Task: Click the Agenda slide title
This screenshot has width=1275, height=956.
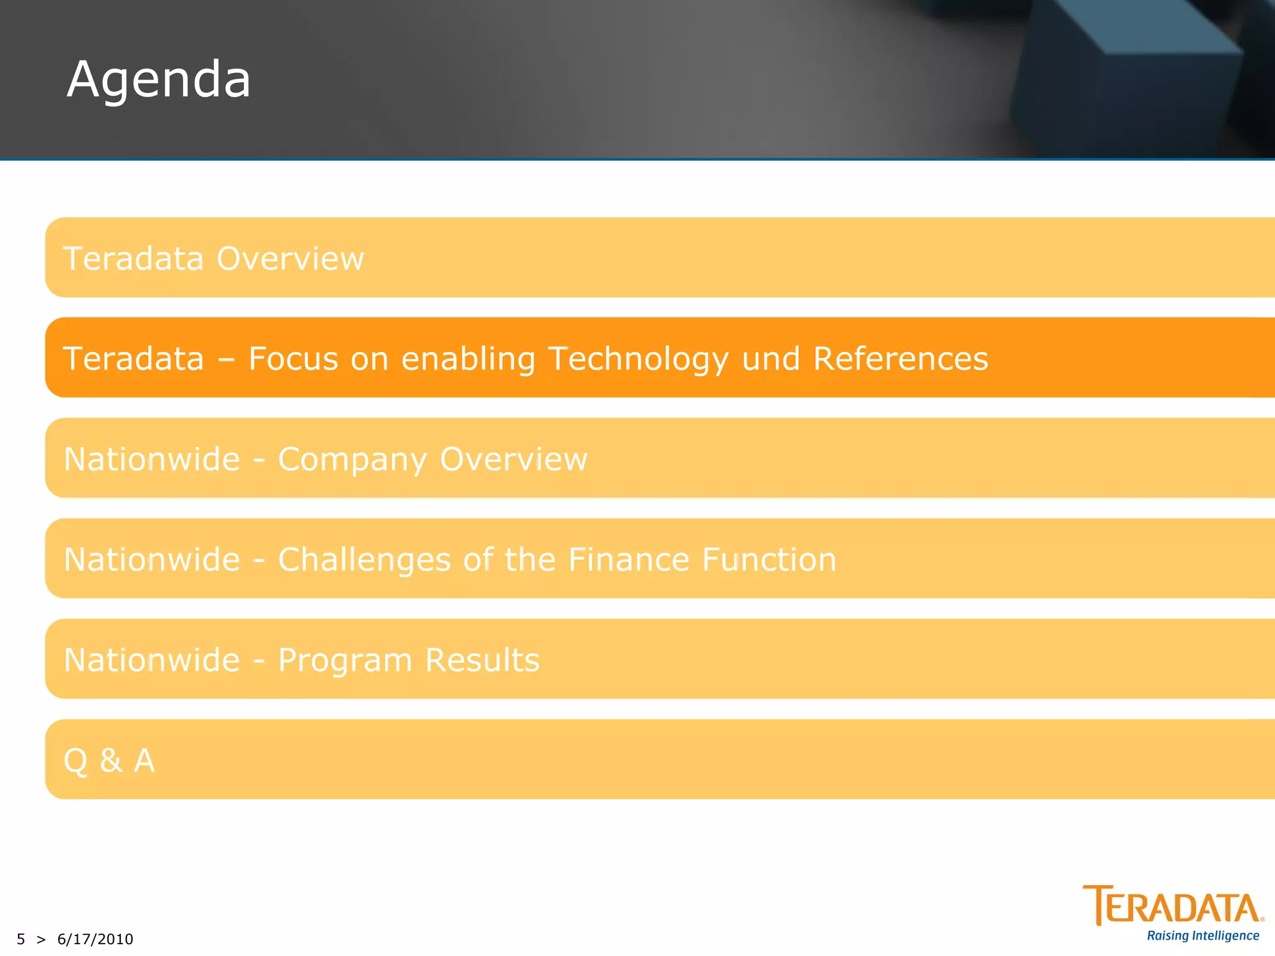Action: point(159,80)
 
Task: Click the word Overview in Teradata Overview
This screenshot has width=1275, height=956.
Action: point(290,258)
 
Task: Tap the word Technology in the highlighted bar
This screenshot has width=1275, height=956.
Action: point(638,360)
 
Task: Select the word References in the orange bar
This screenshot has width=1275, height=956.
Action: point(900,358)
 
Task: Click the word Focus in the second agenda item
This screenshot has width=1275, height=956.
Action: point(293,358)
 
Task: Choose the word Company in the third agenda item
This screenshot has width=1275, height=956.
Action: point(352,460)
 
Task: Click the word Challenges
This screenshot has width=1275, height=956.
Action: point(364,560)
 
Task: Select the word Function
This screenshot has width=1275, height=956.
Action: point(769,559)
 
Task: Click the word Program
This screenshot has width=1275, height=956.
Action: point(345,660)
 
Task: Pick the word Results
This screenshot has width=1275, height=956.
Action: point(482,660)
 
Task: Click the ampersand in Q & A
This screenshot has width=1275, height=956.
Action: point(111,760)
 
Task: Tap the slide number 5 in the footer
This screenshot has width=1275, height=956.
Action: point(21,939)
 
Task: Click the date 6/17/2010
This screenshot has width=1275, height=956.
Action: point(95,939)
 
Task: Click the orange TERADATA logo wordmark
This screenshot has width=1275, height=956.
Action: point(1173,906)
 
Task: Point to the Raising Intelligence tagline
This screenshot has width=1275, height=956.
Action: point(1203,935)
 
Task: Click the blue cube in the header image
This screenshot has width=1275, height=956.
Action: point(1121,75)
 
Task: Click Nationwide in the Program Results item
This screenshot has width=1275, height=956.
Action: point(152,660)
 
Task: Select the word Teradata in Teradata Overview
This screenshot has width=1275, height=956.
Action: point(133,258)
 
